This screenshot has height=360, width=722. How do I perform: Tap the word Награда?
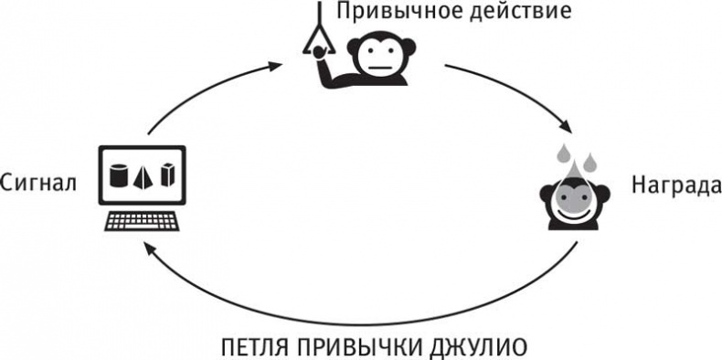point(671,183)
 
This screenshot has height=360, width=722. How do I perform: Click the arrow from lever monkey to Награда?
point(512,91)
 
